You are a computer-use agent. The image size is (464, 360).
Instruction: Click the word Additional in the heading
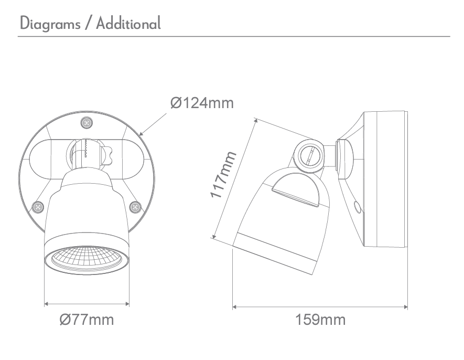tap(128, 23)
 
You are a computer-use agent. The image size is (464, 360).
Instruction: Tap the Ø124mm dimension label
tap(202, 103)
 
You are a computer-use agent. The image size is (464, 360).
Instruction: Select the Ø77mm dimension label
tap(86, 319)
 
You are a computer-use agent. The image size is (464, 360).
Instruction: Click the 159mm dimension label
tap(320, 319)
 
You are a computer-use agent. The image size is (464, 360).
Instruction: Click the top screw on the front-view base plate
tap(87, 123)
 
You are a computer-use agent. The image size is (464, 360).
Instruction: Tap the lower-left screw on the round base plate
tap(38, 207)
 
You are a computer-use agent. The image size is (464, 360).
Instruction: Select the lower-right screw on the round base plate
tap(135, 207)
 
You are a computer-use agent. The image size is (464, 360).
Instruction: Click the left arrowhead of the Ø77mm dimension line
tap(47, 303)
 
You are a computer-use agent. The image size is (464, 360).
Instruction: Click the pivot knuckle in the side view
tap(308, 155)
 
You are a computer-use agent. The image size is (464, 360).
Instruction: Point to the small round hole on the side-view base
tap(358, 208)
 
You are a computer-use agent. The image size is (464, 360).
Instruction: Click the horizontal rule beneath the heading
tap(234, 36)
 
